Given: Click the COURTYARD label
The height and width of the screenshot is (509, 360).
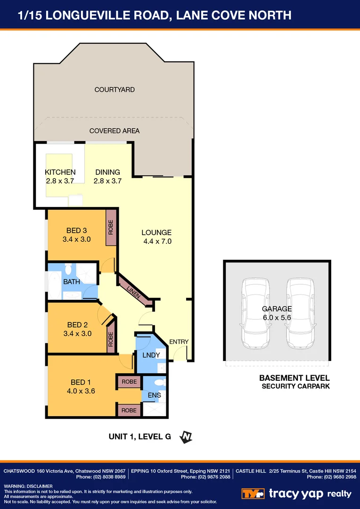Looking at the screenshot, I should tap(115, 90).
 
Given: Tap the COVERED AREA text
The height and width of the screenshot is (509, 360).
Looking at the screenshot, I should tap(115, 131).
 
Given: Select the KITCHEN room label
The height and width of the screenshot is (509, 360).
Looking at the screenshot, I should tap(60, 172).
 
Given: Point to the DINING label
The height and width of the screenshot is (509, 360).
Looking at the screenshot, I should tap(107, 172).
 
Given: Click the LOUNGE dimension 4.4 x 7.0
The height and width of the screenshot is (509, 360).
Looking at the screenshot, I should tap(157, 241).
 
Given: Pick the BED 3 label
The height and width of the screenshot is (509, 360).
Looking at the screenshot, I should tap(76, 230).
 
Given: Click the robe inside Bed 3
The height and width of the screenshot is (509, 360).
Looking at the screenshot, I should tap(111, 228).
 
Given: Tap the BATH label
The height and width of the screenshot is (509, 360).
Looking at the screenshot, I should tap(72, 282).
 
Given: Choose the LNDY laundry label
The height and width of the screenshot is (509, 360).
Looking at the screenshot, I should tap(151, 355).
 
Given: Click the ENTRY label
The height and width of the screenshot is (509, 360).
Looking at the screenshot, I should tap(179, 342).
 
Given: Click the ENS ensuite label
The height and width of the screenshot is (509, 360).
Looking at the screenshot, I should tap(154, 395).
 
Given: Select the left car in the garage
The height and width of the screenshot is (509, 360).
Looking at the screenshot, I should tap(255, 313).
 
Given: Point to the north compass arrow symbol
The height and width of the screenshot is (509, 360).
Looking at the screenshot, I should tap(186, 437).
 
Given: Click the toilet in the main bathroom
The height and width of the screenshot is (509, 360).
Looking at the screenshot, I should tap(68, 269).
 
